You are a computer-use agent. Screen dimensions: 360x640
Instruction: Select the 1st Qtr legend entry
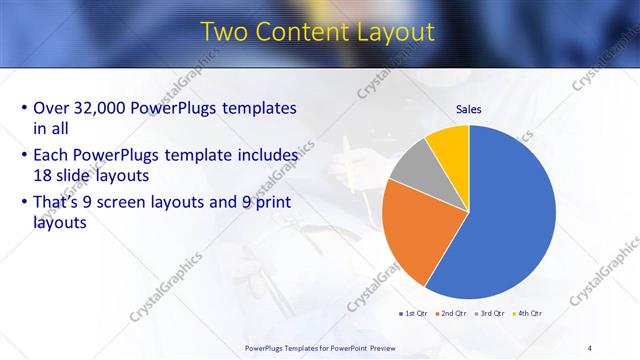pos(412,314)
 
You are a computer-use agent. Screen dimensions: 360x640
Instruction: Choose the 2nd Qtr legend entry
pos(450,314)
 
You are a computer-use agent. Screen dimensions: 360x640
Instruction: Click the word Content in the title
pos(298,32)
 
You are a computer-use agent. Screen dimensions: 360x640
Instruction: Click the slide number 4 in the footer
pos(590,347)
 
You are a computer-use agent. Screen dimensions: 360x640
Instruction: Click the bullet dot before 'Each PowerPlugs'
pos(24,156)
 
